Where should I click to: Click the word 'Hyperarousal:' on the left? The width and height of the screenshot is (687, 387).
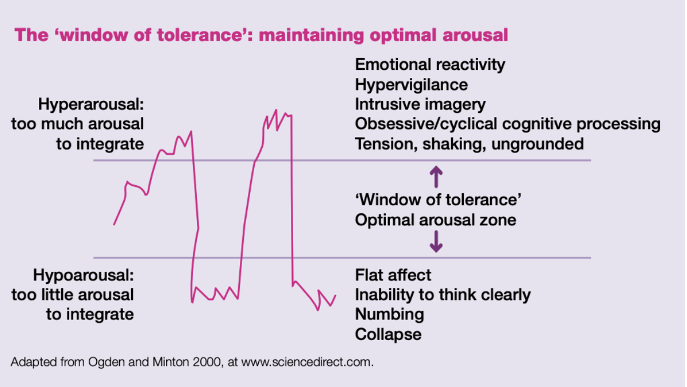[x=91, y=105]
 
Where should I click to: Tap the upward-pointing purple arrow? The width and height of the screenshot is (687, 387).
[x=436, y=177]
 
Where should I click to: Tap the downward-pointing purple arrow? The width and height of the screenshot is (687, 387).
[x=436, y=241]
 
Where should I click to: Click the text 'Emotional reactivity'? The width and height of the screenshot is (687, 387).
[x=430, y=65]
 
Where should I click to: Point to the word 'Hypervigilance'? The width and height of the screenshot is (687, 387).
[x=411, y=85]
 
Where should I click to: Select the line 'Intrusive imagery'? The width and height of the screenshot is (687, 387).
[x=420, y=105]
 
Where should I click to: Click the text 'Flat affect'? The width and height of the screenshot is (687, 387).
[x=393, y=275]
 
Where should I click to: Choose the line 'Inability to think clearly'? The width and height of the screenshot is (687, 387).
[x=443, y=295]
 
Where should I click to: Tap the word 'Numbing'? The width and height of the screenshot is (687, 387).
[x=389, y=314]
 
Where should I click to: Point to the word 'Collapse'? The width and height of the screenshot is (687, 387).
[x=388, y=334]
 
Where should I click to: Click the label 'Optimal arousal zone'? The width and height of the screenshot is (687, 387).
[x=435, y=220]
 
